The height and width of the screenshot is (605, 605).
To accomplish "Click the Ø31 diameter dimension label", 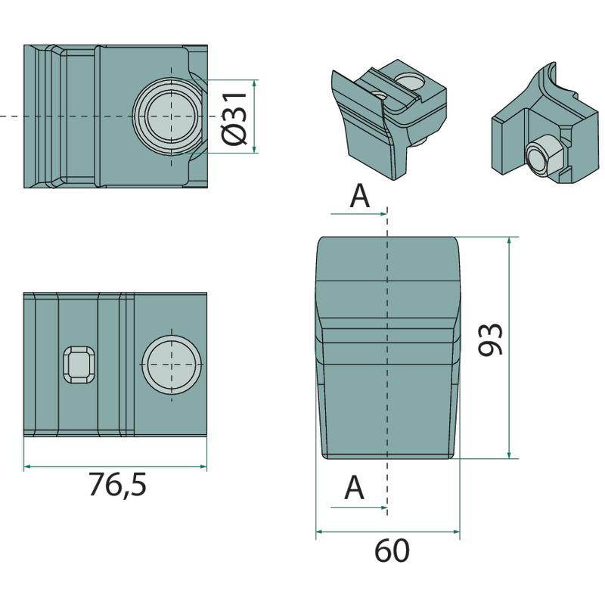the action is click(234, 119).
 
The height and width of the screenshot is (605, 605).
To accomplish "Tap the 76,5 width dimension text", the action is click(118, 485).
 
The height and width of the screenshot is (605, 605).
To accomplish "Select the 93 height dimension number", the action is click(490, 339).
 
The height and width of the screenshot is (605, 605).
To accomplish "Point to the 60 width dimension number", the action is click(392, 551).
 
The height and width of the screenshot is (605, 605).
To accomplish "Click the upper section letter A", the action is click(360, 196).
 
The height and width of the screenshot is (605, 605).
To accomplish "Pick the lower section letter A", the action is click(354, 487).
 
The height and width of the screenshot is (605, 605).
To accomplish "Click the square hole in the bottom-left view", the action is click(79, 365).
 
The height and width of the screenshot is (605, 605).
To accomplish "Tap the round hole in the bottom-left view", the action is click(172, 365).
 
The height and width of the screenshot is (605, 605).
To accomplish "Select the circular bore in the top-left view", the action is click(172, 116).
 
